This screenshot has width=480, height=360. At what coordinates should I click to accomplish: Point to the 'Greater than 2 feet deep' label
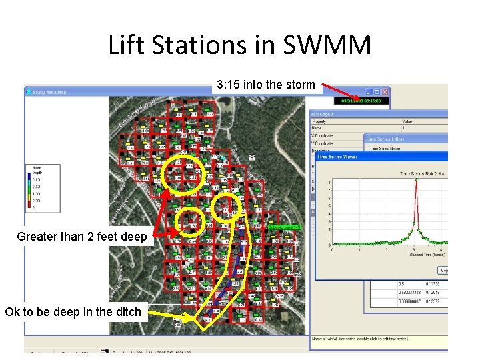coord(82,236)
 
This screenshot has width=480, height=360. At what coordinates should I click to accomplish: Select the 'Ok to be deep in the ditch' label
coord(73,311)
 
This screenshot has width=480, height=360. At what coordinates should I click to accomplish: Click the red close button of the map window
coord(386,91)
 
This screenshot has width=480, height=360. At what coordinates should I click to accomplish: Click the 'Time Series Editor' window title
coord(386,139)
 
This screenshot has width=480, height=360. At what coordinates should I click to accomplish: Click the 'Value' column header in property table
coord(408,121)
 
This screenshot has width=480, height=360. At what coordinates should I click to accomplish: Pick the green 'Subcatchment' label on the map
coord(286,227)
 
